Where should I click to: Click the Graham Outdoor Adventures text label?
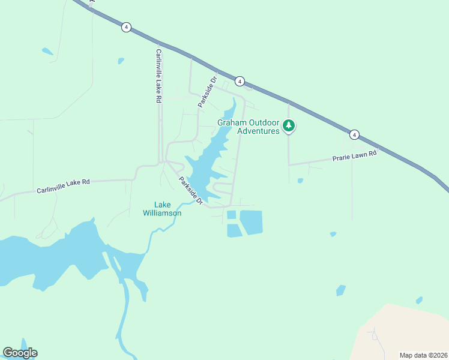tap(249, 127)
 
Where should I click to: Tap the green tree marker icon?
tap(289, 126)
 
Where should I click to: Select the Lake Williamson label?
tap(162, 208)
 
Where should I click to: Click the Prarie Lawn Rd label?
tap(354, 157)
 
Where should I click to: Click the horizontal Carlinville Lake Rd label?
tap(62, 185)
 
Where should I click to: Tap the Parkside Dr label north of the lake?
tap(207, 92)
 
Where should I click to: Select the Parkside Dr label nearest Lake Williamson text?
tap(190, 192)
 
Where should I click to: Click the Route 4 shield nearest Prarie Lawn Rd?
tap(355, 135)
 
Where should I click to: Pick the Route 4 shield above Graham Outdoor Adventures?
tap(240, 81)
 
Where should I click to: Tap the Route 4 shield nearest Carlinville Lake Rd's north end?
tap(125, 27)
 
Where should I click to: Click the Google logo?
tap(20, 353)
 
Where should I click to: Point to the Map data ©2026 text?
tap(423, 355)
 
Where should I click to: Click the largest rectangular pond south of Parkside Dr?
tap(251, 222)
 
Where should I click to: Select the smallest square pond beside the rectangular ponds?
tap(231, 215)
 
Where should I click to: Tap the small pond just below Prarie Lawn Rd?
tap(300, 180)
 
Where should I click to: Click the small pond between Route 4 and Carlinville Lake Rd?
tap(121, 61)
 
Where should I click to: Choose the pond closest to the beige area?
tap(419, 300)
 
